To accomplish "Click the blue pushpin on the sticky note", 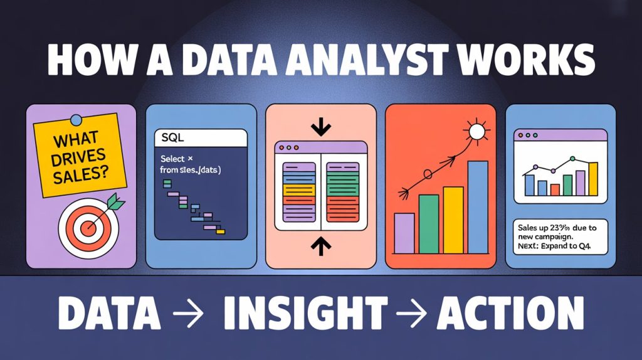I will [x=76, y=119].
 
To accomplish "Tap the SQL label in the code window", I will [x=170, y=137].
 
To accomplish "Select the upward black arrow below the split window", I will [x=320, y=245].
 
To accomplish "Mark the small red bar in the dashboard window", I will [x=554, y=189].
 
